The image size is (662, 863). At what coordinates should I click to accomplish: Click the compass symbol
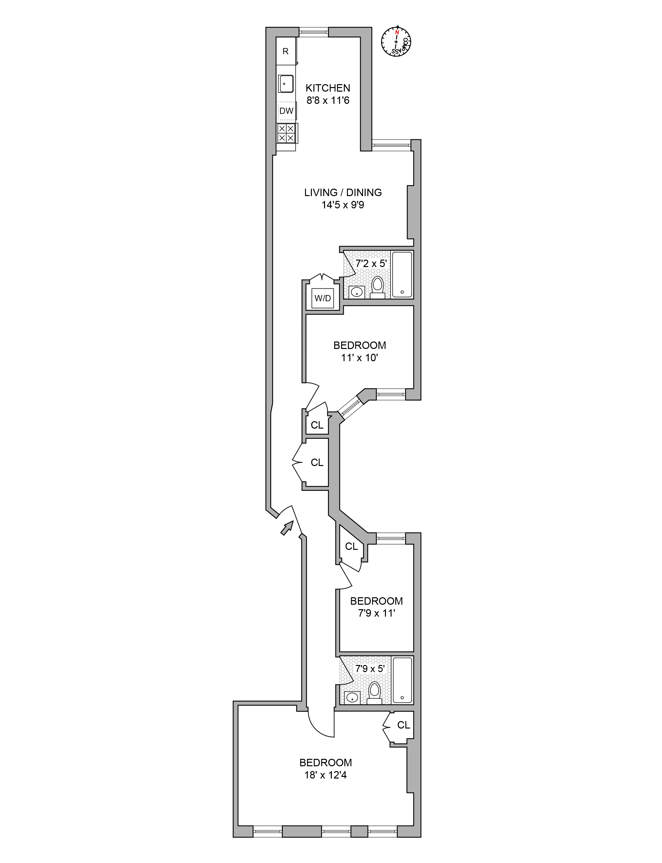[396, 41]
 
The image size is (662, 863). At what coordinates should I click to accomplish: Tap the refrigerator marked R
[286, 51]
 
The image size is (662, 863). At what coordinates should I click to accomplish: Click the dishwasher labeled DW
[286, 111]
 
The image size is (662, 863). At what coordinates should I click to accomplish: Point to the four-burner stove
[286, 133]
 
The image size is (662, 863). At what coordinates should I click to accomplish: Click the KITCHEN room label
[328, 88]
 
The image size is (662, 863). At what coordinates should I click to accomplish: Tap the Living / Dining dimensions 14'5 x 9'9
[342, 205]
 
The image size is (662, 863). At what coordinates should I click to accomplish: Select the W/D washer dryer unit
[323, 298]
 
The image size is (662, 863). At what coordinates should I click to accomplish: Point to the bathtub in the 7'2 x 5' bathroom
[402, 274]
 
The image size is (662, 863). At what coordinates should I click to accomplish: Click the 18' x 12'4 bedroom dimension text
[325, 775]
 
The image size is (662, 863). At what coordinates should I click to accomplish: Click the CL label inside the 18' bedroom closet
[404, 725]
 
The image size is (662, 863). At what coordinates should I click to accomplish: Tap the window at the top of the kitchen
[314, 32]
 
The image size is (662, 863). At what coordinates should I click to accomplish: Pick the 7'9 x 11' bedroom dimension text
[376, 613]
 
